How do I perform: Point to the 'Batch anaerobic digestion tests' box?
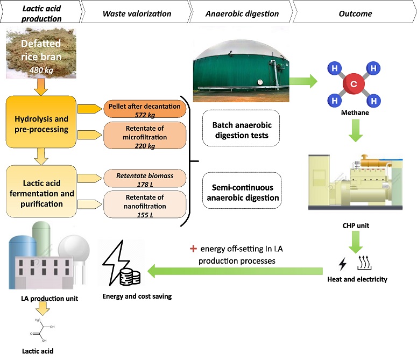click(241, 130)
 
